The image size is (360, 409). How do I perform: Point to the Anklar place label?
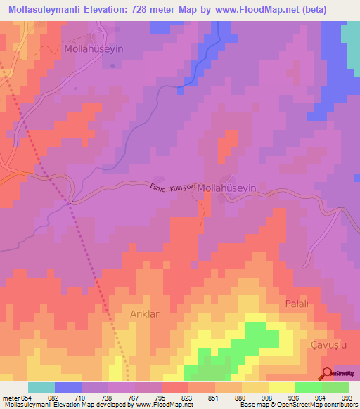[x=146, y=314]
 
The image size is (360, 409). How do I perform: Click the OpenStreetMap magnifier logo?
[x=327, y=374]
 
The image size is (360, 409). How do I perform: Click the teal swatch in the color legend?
[x=41, y=387]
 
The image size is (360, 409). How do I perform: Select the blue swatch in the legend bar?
[x=67, y=387]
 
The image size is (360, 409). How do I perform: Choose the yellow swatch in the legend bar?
[x=281, y=387]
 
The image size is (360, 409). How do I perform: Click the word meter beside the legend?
[x=10, y=398]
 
